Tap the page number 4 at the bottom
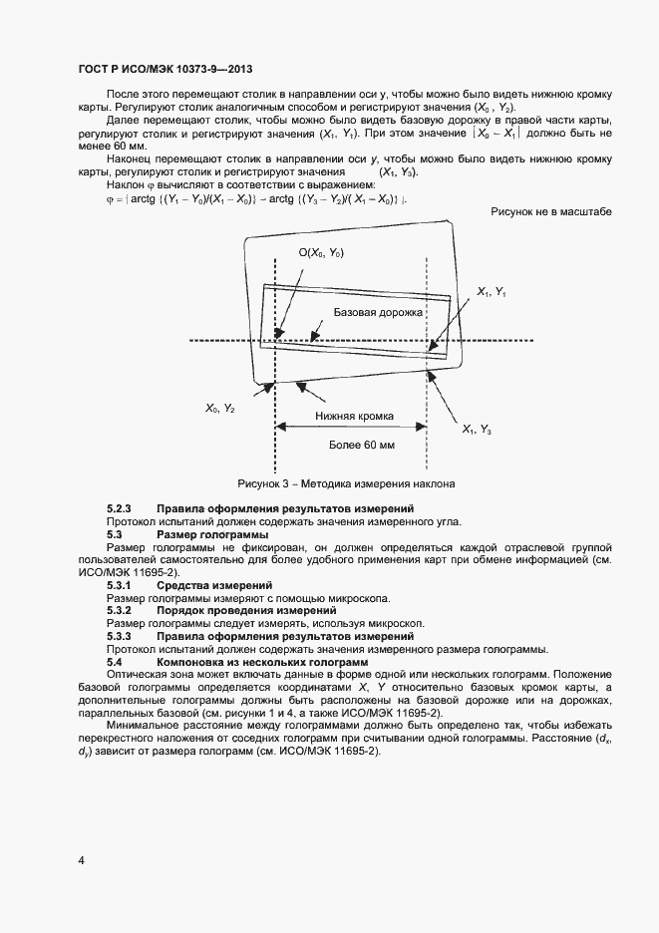coord(81,859)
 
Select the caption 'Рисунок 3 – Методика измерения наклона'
coord(345,483)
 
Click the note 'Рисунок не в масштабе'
coord(551,212)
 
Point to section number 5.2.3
coord(120,509)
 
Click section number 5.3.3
coord(120,636)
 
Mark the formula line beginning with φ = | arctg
coord(255,199)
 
